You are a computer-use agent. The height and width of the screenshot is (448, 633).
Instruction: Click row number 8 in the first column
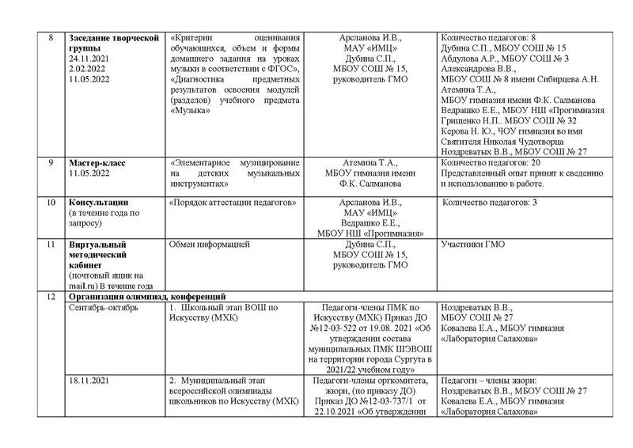51,37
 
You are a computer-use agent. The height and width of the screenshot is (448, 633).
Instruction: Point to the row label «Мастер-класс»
97,163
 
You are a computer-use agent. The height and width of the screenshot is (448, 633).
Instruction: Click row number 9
51,163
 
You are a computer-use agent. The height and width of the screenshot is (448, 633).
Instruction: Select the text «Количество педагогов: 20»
489,163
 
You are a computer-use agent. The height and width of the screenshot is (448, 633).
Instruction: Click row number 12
51,296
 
